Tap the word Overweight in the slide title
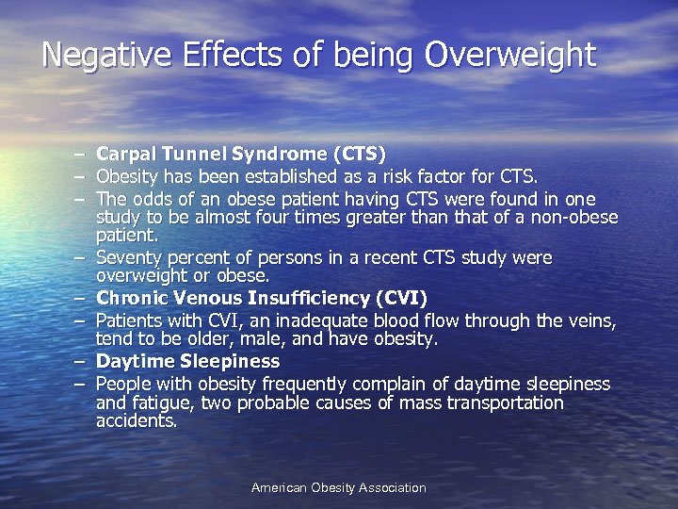tap(510, 55)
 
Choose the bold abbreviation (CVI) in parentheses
tap(401, 299)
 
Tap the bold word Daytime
tap(136, 361)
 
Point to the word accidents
tap(136, 421)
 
